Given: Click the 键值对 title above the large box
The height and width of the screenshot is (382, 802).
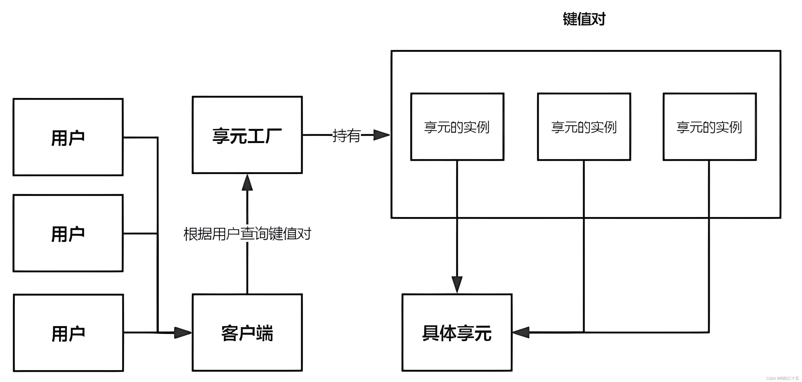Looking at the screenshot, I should (584, 19).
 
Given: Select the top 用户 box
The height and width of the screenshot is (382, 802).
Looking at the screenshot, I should (68, 137).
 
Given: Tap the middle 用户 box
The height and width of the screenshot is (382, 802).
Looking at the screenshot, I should (68, 233).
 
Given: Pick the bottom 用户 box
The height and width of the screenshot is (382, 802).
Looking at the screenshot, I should (68, 333).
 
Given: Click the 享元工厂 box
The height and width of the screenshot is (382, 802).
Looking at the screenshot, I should (247, 135).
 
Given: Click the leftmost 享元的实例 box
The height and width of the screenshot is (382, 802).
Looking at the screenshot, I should (457, 127).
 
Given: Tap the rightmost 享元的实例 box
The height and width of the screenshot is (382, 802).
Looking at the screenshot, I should (709, 127).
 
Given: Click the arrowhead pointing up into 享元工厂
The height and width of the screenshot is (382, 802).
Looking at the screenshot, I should (247, 183).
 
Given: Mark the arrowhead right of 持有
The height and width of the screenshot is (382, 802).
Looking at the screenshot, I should (381, 135).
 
